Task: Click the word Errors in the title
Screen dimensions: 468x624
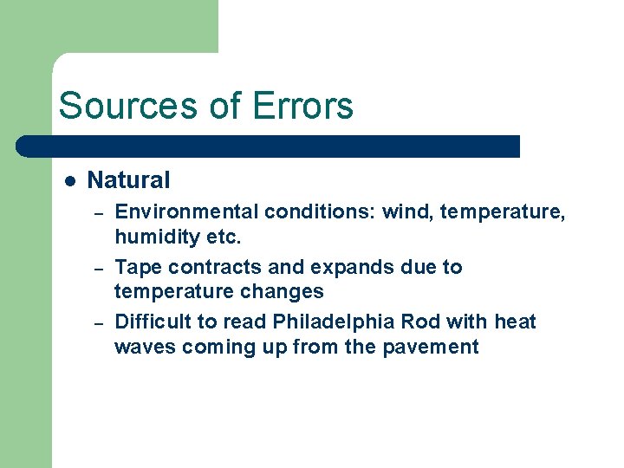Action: point(302,107)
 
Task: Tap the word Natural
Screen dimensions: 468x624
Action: point(129,180)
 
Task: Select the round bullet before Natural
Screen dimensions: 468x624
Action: point(70,181)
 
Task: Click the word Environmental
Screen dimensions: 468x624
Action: point(186,211)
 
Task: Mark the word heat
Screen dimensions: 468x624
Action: point(516,322)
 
